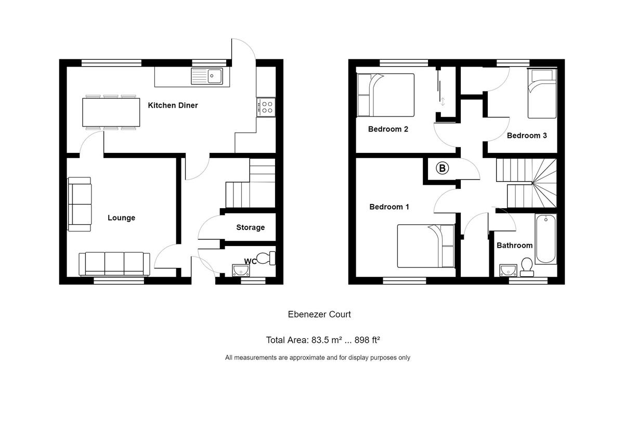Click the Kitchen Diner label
pyautogui.click(x=173, y=106)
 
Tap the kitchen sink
pyautogui.click(x=207, y=76)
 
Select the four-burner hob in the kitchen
pyautogui.click(x=266, y=107)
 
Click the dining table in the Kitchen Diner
pyautogui.click(x=111, y=112)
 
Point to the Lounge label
pyautogui.click(x=121, y=218)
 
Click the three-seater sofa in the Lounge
pyautogui.click(x=114, y=263)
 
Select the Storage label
pyautogui.click(x=250, y=227)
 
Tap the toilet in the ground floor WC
pyautogui.click(x=267, y=258)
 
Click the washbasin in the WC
pyautogui.click(x=240, y=269)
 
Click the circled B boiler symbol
pyautogui.click(x=442, y=168)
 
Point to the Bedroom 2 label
pyautogui.click(x=387, y=129)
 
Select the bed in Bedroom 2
pyautogui.click(x=385, y=95)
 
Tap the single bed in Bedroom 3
pyautogui.click(x=542, y=94)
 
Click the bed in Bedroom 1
pyautogui.click(x=426, y=246)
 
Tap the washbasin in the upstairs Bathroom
pyautogui.click(x=507, y=269)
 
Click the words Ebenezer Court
pyautogui.click(x=319, y=314)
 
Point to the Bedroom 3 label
pyautogui.click(x=526, y=135)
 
